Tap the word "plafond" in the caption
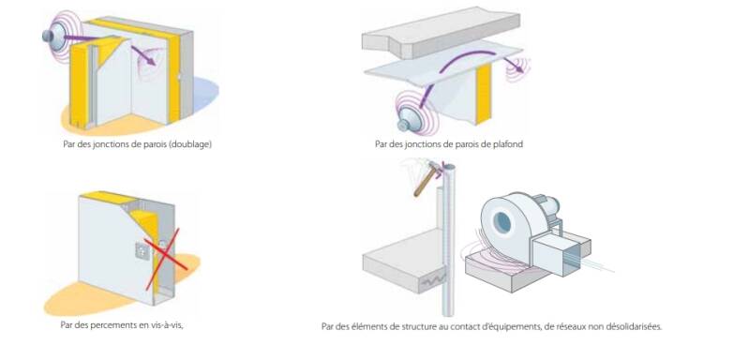(508, 143)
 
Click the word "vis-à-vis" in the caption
(169, 324)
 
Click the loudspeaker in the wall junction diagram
(54, 35)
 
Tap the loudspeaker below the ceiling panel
(411, 119)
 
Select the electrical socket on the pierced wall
(142, 250)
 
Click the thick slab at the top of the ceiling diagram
(441, 31)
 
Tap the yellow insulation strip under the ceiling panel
(483, 94)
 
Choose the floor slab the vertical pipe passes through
(407, 261)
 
